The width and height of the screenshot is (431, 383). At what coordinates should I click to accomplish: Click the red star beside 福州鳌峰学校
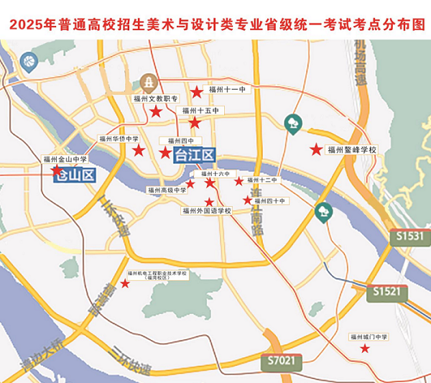pos(315,149)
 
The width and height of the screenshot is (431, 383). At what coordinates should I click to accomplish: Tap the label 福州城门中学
pos(369,336)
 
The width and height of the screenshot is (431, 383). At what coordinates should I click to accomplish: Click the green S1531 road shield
pos(410,236)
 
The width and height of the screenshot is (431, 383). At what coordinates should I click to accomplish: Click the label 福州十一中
pos(228,89)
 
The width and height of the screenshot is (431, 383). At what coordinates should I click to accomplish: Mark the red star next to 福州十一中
pos(196,91)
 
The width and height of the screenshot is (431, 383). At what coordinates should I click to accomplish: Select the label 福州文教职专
pos(154,98)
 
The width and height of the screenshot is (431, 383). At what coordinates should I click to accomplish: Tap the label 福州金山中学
pos(65,160)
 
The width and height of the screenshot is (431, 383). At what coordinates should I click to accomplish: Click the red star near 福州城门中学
pos(365,349)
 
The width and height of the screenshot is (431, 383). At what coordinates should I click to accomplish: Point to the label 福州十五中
pos(200,111)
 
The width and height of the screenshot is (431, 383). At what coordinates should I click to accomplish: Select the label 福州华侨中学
pos(119,139)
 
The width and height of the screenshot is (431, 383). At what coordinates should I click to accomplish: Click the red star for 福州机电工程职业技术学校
pos(125,285)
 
